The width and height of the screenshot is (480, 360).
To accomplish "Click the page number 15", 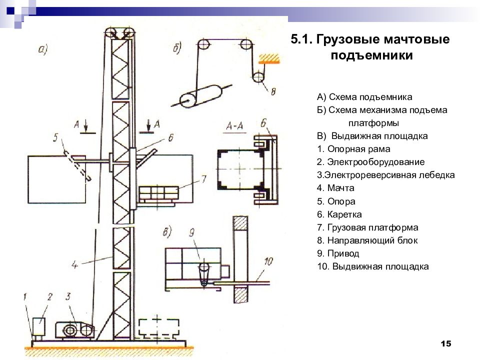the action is [446, 343].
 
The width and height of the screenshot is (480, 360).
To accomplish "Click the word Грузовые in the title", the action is [347, 39].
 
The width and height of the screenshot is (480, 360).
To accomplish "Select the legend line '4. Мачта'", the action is [335, 188].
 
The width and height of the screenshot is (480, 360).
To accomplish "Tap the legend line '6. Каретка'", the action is [339, 214].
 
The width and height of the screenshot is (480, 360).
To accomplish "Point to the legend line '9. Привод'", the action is [338, 253].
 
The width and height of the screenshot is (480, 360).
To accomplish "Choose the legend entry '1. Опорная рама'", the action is [353, 149].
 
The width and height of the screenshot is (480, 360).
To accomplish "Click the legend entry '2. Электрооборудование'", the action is [370, 162].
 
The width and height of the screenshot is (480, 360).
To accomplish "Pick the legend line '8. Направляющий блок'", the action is [367, 240].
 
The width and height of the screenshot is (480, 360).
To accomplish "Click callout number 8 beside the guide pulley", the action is [273, 91].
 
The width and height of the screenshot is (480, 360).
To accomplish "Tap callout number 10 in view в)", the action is [268, 261].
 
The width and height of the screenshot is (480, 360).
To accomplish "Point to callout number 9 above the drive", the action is [191, 233].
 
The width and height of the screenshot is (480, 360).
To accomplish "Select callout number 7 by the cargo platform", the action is [204, 179].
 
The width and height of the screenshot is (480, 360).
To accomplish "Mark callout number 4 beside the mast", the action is [74, 264].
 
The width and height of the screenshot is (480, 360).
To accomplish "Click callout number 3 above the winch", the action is [68, 296].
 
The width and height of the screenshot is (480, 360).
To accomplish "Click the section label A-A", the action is [234, 125].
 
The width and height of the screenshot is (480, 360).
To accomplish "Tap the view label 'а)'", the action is [43, 49].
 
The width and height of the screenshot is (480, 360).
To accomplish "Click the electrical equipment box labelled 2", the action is [39, 326].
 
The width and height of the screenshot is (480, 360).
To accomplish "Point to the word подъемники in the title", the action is [371, 55].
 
